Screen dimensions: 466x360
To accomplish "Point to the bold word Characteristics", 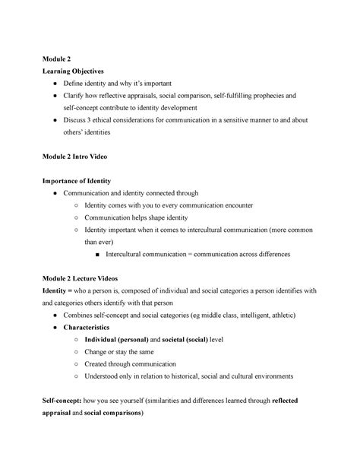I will pos(92,327).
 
